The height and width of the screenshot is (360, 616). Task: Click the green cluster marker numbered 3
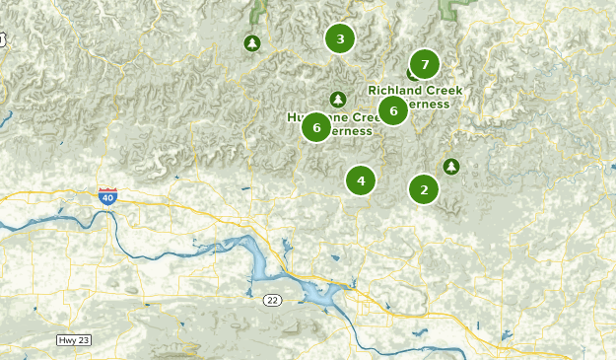click(340, 39)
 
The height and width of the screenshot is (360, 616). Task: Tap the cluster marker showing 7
click(425, 65)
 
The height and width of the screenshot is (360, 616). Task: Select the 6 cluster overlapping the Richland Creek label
click(393, 110)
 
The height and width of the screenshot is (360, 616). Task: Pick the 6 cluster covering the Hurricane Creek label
click(316, 126)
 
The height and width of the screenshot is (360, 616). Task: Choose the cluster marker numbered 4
click(361, 180)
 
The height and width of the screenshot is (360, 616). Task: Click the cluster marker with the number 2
click(424, 189)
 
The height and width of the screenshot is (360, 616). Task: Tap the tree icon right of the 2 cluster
click(451, 167)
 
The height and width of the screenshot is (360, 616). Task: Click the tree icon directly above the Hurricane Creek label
click(338, 99)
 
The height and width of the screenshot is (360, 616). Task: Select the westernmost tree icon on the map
click(252, 43)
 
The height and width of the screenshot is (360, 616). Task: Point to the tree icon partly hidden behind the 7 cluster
click(411, 74)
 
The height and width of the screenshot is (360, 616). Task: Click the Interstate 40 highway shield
click(107, 196)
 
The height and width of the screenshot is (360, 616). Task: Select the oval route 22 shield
click(273, 300)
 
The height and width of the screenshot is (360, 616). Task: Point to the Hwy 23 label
click(75, 340)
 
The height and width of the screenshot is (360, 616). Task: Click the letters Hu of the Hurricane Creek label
click(294, 117)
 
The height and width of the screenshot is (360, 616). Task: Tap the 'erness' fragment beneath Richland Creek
click(430, 104)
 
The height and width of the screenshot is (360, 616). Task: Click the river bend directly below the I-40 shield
click(111, 223)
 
